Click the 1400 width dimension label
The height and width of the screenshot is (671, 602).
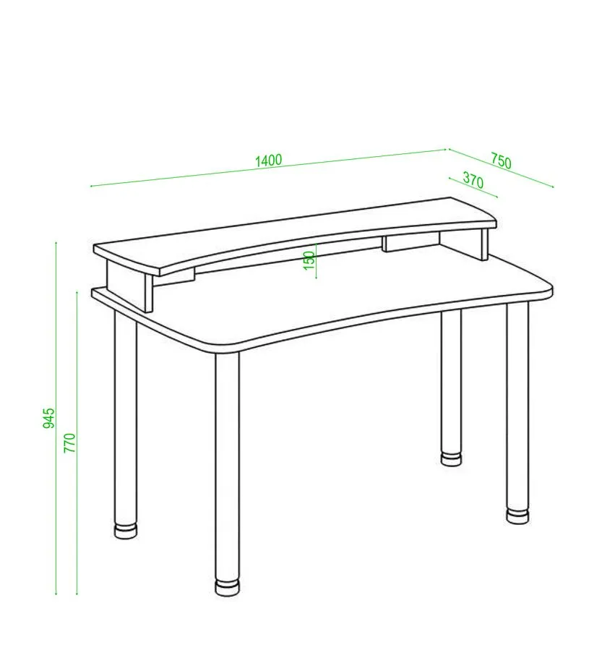[x=269, y=161]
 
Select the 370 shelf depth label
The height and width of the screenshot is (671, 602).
[x=473, y=180]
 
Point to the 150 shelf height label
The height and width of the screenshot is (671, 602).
[x=309, y=260]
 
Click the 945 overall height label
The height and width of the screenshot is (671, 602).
[x=49, y=418]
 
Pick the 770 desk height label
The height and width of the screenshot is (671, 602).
[x=69, y=443]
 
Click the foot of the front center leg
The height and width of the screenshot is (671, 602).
[x=227, y=587]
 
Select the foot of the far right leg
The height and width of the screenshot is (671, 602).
[x=517, y=516]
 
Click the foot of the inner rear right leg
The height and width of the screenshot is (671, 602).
[x=452, y=458]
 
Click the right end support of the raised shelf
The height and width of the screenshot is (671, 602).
[x=484, y=244]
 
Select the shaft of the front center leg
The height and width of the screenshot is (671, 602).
[x=227, y=466]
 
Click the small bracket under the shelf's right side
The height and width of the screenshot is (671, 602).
[x=410, y=242]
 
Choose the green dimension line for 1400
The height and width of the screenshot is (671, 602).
[x=269, y=168]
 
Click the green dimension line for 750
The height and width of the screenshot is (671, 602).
[x=501, y=168]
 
